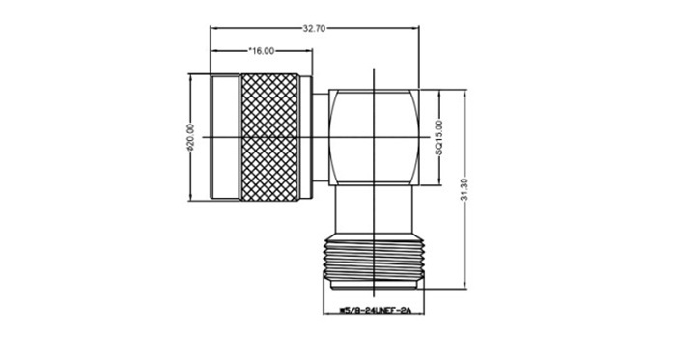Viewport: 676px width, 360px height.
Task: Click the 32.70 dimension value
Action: click(314, 29)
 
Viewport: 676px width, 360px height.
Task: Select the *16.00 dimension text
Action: click(262, 51)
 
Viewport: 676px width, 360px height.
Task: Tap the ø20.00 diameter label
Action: click(191, 137)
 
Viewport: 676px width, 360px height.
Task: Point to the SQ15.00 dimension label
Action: click(438, 138)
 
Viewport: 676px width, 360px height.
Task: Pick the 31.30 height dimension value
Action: click(464, 190)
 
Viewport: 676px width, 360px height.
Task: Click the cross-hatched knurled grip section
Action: click(269, 137)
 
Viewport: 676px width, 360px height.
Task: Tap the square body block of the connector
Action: click(374, 138)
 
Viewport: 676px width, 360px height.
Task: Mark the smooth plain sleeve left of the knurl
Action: click(225, 137)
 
